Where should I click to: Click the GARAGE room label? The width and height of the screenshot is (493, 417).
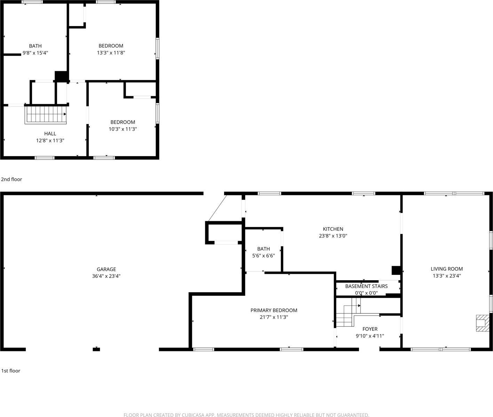point(106,269)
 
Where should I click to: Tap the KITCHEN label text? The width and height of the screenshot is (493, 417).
point(333,229)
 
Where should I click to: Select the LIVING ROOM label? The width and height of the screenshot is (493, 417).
point(447,269)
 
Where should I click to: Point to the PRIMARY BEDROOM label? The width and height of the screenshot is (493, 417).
point(274,310)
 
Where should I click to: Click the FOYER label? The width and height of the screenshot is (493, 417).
point(370,329)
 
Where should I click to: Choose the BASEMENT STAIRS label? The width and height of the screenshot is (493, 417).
point(366,286)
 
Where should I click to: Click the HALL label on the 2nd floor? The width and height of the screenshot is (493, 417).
point(50,133)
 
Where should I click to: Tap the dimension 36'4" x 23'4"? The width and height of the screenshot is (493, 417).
point(106,276)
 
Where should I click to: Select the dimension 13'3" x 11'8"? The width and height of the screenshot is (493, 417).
point(111,53)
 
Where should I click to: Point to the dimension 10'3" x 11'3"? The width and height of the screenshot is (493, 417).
point(123,129)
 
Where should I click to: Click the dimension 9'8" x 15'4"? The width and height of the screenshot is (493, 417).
point(35,53)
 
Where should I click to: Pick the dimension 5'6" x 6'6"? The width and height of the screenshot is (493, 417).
point(263,256)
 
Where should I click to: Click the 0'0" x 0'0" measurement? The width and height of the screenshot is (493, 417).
point(366,293)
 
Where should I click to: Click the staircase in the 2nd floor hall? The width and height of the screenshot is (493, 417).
point(45,115)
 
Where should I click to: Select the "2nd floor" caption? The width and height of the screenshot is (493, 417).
point(11,179)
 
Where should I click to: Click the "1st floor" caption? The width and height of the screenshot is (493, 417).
point(11,371)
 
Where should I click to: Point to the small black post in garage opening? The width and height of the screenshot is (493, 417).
point(96,349)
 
